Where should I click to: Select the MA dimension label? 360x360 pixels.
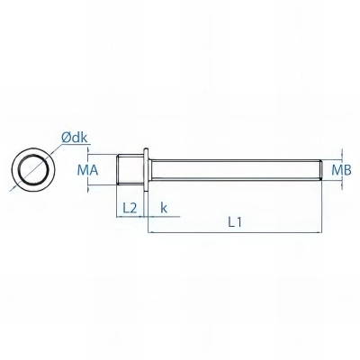pos(87,169)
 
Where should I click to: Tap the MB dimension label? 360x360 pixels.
pos(341,169)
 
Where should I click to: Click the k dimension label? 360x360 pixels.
pos(163,207)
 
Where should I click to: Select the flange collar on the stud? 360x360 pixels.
pos(144,169)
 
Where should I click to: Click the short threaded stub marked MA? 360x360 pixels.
pos(130,169)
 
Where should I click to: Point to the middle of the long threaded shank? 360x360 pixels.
pos(234,169)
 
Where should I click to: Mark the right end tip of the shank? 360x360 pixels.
pos(321,169)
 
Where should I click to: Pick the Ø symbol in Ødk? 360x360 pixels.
pos(66,137)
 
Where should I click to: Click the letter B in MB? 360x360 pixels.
pos(346,169)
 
